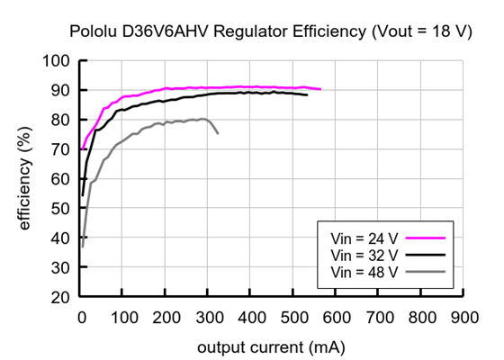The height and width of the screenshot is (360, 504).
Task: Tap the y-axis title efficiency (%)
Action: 25,178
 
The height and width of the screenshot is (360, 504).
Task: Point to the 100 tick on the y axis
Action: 57,61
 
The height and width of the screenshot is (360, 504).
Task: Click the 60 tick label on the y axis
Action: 61,179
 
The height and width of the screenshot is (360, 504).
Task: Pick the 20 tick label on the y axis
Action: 61,297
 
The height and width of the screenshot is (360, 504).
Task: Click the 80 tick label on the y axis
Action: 61,120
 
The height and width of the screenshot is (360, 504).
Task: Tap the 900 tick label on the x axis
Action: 464,317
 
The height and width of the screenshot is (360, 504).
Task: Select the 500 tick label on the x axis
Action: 294,317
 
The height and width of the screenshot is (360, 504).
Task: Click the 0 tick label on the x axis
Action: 82,317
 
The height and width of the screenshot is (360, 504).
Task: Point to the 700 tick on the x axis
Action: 379,317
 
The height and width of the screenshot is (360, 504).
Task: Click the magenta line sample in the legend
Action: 427,238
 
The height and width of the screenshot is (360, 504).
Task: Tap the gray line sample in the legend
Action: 427,271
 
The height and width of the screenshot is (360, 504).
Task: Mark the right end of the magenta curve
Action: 320,89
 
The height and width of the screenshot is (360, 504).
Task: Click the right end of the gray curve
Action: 218,133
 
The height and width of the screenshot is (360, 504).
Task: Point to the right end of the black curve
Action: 307,94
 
